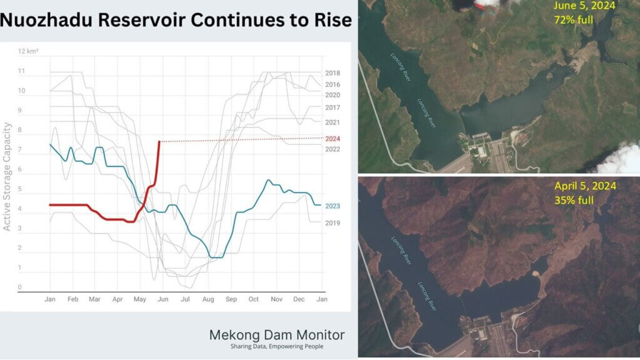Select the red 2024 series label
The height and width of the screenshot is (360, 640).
pos(332,138)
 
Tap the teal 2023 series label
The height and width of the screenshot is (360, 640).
pos(332,205)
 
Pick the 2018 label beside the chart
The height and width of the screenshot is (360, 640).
pos(332,73)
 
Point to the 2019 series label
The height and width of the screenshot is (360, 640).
pos(332,222)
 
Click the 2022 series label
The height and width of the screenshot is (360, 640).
pos(332,149)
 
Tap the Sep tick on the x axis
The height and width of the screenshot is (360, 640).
pos(231,299)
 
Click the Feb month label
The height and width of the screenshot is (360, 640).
pos(72,299)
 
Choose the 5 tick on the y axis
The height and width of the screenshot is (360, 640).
pos(21,189)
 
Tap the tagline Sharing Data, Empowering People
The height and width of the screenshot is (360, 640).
pos(276,347)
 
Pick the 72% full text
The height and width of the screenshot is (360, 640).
pos(573,19)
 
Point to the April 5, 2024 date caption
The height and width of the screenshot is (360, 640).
pos(585,186)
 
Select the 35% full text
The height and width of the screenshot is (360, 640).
pos(574,200)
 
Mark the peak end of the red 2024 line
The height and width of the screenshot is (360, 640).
pos(159,142)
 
